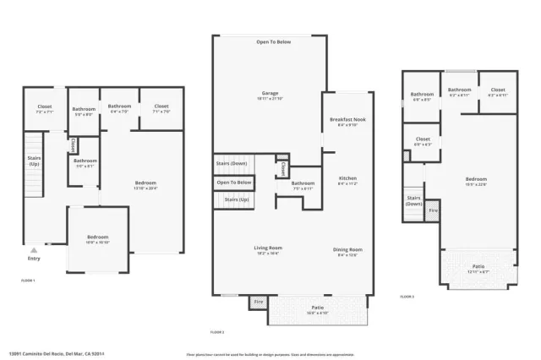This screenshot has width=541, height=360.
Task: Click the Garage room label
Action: (x=270, y=94)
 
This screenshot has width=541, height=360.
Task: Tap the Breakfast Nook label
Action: (x=347, y=121)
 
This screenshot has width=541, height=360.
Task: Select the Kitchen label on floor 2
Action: (x=348, y=179)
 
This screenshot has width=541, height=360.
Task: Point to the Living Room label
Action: (x=268, y=248)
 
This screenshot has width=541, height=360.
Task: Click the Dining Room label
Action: (x=348, y=249)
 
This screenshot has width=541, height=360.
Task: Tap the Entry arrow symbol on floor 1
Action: (x=33, y=251)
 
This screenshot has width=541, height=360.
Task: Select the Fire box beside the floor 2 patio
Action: (x=257, y=302)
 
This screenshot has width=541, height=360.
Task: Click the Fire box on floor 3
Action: (x=433, y=210)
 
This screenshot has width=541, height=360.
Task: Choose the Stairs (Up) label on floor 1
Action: (x=34, y=161)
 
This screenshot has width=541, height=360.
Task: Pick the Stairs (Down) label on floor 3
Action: (x=414, y=200)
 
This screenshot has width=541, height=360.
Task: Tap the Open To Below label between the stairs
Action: (x=233, y=183)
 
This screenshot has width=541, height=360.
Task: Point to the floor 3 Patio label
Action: (x=478, y=266)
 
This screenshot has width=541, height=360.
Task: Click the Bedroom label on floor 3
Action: (x=476, y=179)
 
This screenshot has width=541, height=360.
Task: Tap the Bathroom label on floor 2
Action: (x=303, y=183)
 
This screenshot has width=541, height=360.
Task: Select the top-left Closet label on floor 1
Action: (x=45, y=107)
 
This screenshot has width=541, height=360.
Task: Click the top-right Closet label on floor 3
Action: (x=498, y=90)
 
